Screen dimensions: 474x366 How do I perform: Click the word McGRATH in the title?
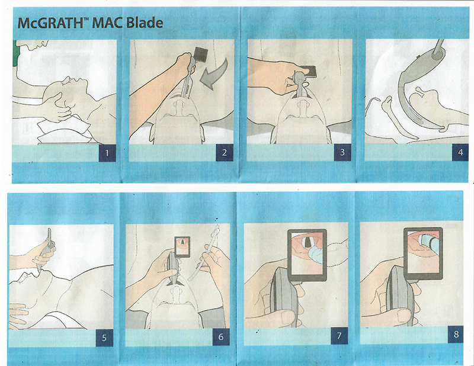(x=50, y=23)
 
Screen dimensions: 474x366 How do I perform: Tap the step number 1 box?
(x=107, y=153)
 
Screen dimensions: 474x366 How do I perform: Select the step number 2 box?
(x=225, y=153)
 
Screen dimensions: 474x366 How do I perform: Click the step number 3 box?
(x=342, y=152)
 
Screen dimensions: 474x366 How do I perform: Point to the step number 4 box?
(x=460, y=152)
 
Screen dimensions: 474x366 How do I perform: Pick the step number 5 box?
(x=104, y=338)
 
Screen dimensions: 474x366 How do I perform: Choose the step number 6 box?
(x=220, y=337)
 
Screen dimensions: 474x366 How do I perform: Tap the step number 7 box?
(x=339, y=336)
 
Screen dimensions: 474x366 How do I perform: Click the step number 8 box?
(x=456, y=335)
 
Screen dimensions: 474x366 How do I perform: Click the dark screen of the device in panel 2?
(x=201, y=55)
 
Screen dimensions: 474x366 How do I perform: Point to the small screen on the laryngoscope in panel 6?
(x=182, y=246)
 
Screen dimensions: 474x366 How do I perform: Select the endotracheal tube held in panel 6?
(x=206, y=251)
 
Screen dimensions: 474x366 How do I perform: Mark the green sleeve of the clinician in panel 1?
(x=15, y=54)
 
